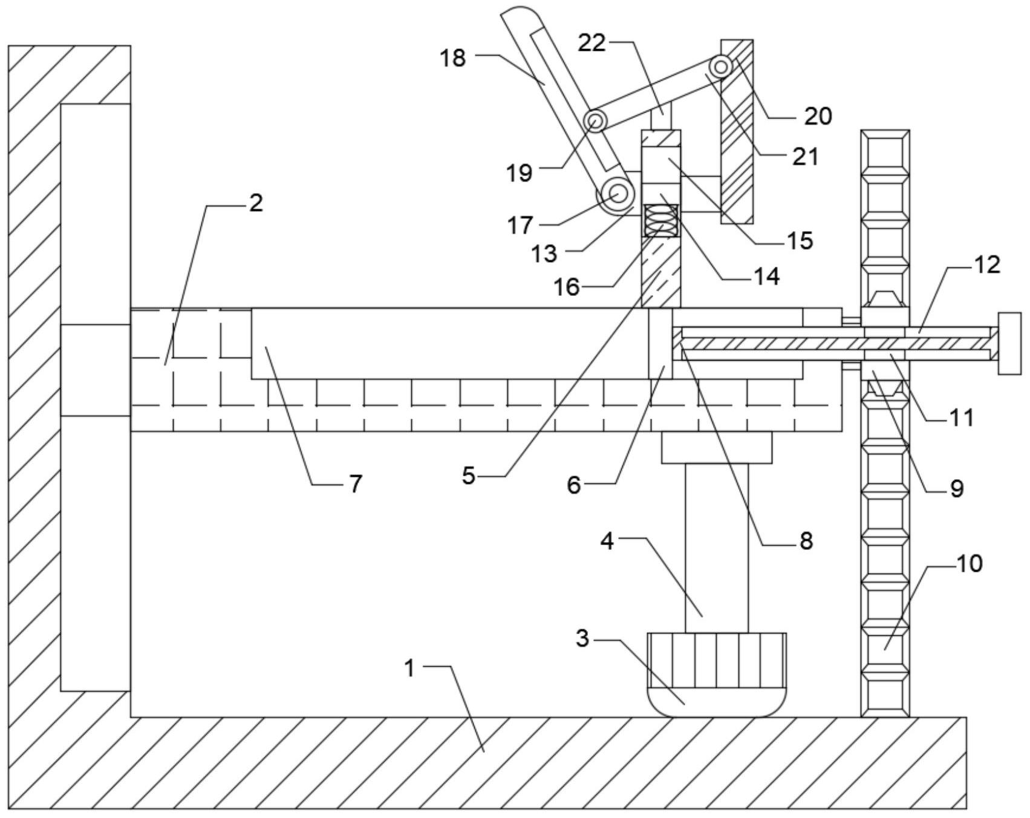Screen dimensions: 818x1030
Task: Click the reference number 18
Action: point(454,58)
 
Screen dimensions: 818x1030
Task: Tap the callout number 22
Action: point(592,43)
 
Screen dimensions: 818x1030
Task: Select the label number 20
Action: point(818,116)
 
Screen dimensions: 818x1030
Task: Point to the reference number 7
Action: point(355,483)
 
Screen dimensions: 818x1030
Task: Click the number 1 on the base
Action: point(410,669)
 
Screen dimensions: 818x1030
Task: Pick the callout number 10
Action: point(970,563)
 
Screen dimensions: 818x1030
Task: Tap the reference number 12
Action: point(987,264)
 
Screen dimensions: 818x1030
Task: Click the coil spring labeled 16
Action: point(662,220)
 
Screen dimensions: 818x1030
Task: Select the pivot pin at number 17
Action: point(617,195)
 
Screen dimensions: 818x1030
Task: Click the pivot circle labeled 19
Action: point(596,122)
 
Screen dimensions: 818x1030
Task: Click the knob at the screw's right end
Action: point(1009,343)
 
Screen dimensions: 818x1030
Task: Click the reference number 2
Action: point(256,203)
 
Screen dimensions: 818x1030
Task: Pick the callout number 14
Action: point(767,276)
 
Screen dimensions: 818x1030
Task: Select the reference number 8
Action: point(806,540)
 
